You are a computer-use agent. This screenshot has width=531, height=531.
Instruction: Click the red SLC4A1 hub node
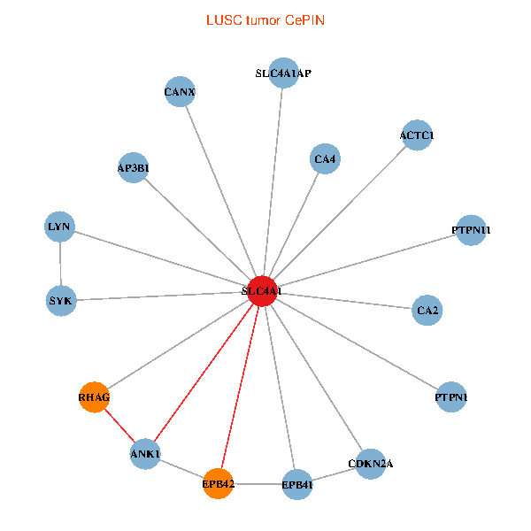(262, 291)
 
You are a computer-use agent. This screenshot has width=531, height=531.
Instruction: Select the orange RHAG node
(94, 396)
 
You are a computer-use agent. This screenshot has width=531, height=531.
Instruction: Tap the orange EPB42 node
(218, 483)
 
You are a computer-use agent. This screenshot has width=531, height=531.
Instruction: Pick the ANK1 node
(145, 454)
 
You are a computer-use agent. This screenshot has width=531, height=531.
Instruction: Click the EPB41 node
(297, 485)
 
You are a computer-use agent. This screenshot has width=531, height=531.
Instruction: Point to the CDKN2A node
(371, 464)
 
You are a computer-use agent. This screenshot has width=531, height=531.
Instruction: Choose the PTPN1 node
(451, 396)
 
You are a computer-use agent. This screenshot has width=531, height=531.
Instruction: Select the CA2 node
(427, 311)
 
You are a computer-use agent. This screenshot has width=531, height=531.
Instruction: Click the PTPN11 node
(471, 230)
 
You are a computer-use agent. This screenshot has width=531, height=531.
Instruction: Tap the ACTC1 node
(417, 135)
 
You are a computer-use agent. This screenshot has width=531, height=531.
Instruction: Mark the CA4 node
(325, 158)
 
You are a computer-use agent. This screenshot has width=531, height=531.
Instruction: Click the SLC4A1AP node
(283, 73)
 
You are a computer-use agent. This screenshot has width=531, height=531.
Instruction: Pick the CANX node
(180, 92)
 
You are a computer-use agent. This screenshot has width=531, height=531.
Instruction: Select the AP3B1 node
(134, 167)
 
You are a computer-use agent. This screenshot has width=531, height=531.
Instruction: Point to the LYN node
(59, 227)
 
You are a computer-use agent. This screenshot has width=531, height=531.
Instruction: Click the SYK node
(61, 301)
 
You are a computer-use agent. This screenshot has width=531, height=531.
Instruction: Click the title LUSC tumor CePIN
(265, 20)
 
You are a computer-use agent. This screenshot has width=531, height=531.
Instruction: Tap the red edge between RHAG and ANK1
(119, 426)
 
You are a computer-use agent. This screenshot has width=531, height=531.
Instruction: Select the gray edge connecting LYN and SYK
(60, 264)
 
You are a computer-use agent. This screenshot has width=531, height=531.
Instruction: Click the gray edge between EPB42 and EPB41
(258, 484)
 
